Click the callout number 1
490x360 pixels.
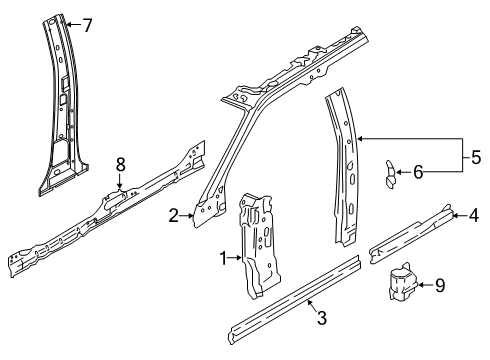pyautogui.click(x=224, y=258)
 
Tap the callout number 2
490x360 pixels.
pyautogui.click(x=173, y=216)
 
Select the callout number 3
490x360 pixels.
pyautogui.click(x=322, y=317)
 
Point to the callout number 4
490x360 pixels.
pyautogui.click(x=474, y=215)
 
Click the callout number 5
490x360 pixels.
pyautogui.click(x=476, y=157)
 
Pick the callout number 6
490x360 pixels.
pyautogui.click(x=418, y=172)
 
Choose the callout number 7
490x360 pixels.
pyautogui.click(x=87, y=25)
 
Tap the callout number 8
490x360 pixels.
pyautogui.click(x=120, y=165)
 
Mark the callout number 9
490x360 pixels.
pyautogui.click(x=440, y=286)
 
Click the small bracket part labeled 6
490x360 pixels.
pyautogui.click(x=390, y=175)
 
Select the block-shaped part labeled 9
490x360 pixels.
pyautogui.click(x=403, y=282)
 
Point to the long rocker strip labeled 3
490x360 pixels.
pyautogui.click(x=294, y=297)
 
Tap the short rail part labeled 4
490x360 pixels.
pyautogui.click(x=411, y=234)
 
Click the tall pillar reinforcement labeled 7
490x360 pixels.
pyautogui.click(x=63, y=107)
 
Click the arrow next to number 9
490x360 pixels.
pyautogui.click(x=426, y=285)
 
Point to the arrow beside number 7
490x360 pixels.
pyautogui.click(x=73, y=24)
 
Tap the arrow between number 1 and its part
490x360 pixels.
pyautogui.click(x=235, y=257)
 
